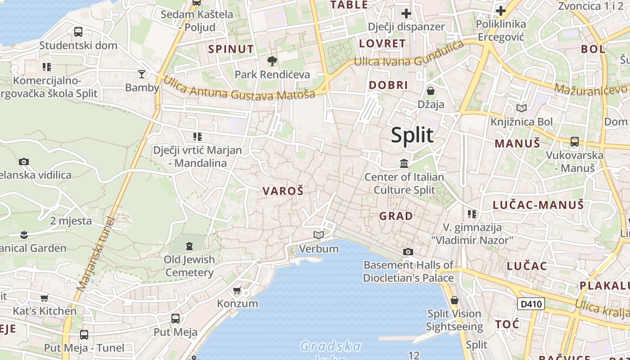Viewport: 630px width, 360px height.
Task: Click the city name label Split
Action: [412, 135]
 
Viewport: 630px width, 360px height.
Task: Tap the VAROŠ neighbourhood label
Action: [283, 191]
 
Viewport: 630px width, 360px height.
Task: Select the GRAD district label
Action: [396, 216]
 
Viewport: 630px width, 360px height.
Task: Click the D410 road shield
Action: [531, 304]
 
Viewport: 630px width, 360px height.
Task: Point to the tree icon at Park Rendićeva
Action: [272, 61]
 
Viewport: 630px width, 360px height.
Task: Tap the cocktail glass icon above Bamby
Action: [142, 74]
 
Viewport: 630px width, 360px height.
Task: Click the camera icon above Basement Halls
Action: [408, 252]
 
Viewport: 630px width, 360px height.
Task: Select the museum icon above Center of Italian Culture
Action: [404, 163]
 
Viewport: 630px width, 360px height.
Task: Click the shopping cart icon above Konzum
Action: [237, 290]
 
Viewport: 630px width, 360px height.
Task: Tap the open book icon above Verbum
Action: [319, 235]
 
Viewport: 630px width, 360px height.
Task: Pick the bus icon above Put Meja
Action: [175, 319]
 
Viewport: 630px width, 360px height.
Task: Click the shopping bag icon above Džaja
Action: [431, 91]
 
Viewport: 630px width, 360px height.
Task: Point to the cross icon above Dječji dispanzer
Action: [406, 13]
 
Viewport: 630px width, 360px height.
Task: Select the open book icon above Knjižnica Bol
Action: [522, 108]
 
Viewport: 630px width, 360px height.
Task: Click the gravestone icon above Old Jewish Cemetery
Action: [189, 246]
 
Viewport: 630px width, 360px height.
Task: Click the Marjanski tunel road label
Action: [96, 253]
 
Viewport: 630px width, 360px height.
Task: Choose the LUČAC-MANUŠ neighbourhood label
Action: [538, 205]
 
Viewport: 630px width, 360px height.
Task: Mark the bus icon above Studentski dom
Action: [78, 32]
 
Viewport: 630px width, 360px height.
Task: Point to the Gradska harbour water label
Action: [331, 346]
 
